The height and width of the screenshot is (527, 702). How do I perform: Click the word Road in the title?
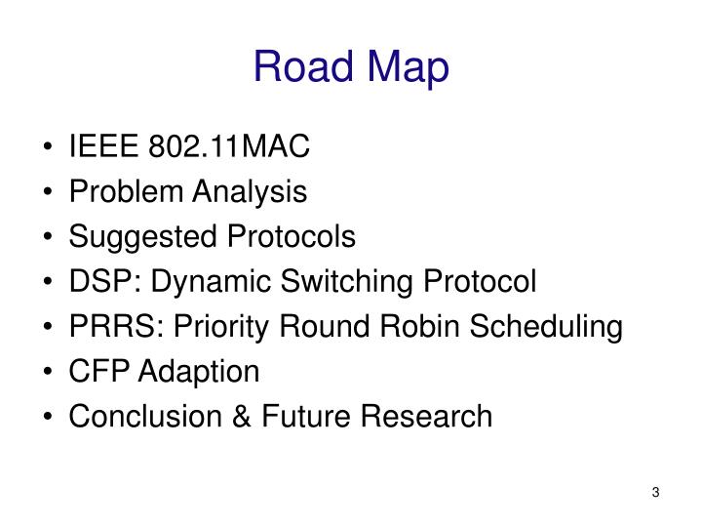click(x=302, y=66)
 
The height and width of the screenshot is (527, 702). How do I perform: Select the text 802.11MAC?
click(x=229, y=147)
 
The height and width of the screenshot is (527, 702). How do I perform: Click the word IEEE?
click(x=105, y=147)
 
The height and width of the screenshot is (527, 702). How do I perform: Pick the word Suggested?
click(x=134, y=237)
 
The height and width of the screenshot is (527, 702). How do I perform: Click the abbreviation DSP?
click(x=98, y=282)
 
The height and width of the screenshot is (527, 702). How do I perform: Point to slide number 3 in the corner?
click(x=656, y=491)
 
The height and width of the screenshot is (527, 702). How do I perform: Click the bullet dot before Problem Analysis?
click(x=50, y=193)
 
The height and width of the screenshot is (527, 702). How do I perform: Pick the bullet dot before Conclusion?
click(x=50, y=418)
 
